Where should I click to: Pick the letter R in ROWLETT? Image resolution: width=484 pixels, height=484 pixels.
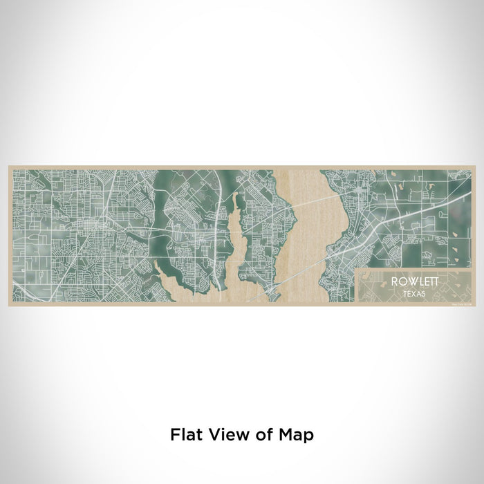pyautogui.click(x=393, y=282)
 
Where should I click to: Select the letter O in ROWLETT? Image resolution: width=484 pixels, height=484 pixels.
pyautogui.click(x=400, y=282)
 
